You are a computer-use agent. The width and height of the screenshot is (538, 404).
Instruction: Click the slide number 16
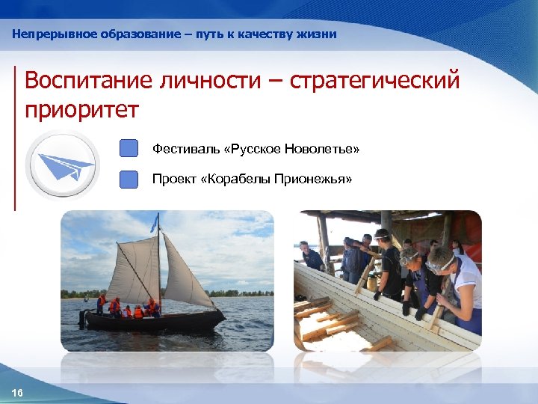pyautogui.click(x=17, y=394)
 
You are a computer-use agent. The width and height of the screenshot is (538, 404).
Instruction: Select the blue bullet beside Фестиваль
pyautogui.click(x=129, y=148)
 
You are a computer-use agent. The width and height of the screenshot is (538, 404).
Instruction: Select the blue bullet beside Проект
pyautogui.click(x=129, y=180)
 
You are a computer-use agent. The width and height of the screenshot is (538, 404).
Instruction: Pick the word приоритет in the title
pyautogui.click(x=81, y=110)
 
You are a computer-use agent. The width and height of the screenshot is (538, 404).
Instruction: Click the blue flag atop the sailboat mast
pyautogui.click(x=155, y=222)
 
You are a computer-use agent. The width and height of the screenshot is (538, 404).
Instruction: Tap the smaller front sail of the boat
pyautogui.click(x=182, y=273)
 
